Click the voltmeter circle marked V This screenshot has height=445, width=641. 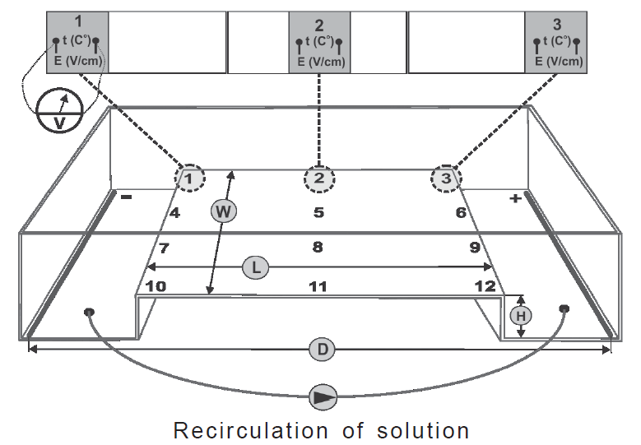[58, 114]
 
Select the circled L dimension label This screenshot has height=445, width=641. [255, 267]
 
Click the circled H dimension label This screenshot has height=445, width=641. [519, 314]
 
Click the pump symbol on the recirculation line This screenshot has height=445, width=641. [322, 396]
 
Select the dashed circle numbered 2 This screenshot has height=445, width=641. [319, 177]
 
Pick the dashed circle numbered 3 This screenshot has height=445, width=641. [445, 177]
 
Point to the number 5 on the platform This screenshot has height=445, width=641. [318, 213]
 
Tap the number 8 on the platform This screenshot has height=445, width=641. [318, 246]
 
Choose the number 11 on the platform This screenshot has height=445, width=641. [318, 286]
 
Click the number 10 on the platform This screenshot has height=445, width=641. [156, 286]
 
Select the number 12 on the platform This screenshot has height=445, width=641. [485, 286]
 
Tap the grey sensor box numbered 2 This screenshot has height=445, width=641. [319, 42]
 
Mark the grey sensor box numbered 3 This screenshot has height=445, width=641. [555, 42]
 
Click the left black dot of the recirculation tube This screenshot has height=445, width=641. [89, 312]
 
